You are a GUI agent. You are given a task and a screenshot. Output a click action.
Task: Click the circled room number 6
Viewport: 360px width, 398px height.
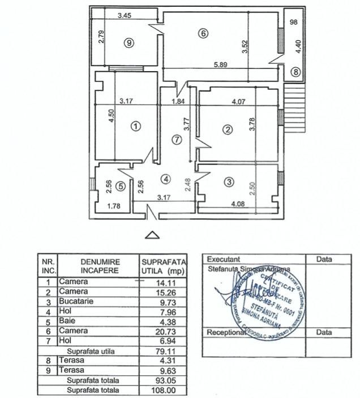203,33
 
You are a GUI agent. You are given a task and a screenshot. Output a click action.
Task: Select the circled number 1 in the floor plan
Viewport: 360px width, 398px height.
135,127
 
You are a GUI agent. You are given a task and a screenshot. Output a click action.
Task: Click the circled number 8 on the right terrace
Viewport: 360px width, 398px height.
295,72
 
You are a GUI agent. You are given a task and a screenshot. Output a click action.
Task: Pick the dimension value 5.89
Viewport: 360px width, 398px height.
221,64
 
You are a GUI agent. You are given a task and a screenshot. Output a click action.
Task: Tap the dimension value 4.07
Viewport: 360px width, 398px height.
238,103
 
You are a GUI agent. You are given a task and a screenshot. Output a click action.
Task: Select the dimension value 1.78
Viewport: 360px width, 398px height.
115,206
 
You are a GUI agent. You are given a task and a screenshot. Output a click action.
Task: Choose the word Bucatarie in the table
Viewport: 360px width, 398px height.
78,301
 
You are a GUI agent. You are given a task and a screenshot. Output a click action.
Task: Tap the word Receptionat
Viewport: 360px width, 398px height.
227,332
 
